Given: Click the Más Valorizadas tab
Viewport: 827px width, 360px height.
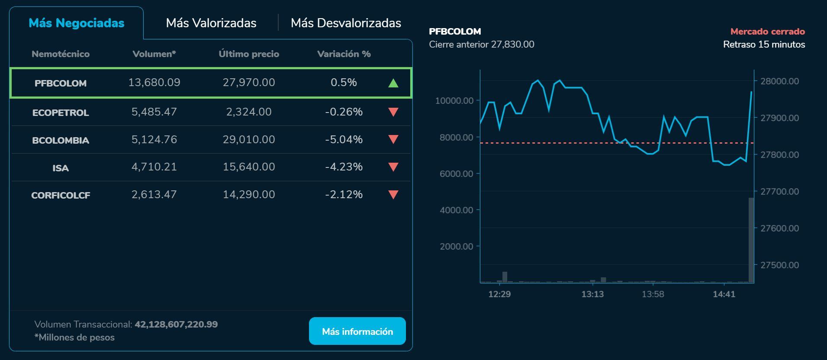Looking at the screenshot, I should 211,23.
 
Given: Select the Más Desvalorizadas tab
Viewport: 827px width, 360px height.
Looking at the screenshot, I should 346,23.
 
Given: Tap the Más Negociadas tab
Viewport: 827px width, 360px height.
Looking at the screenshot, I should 77,23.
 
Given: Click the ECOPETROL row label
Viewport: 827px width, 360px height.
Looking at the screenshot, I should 61,112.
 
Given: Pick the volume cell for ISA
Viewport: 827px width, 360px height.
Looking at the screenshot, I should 154,167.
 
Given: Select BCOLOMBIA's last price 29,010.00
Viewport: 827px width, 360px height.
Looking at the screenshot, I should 249,139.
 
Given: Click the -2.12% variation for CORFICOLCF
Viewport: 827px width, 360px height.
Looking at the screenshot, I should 344,195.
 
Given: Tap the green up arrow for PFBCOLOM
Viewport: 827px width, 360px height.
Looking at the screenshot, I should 393,83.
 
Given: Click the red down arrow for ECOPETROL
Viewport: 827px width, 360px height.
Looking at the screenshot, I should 393,112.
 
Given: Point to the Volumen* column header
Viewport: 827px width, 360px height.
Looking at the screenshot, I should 154,54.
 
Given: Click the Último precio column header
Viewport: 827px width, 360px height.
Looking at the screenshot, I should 249,54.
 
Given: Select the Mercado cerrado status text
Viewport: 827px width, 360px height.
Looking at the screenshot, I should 767,32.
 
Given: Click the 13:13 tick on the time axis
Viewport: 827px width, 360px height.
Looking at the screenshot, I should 592,294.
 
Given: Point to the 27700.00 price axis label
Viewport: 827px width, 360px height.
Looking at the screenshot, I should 779,191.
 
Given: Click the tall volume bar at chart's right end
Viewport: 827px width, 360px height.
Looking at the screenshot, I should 751,240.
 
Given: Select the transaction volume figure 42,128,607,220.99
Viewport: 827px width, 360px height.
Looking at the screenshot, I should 176,325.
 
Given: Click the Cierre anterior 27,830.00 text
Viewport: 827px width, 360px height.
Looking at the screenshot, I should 482,45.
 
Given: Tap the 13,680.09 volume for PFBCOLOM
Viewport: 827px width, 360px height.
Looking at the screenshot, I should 154,83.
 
